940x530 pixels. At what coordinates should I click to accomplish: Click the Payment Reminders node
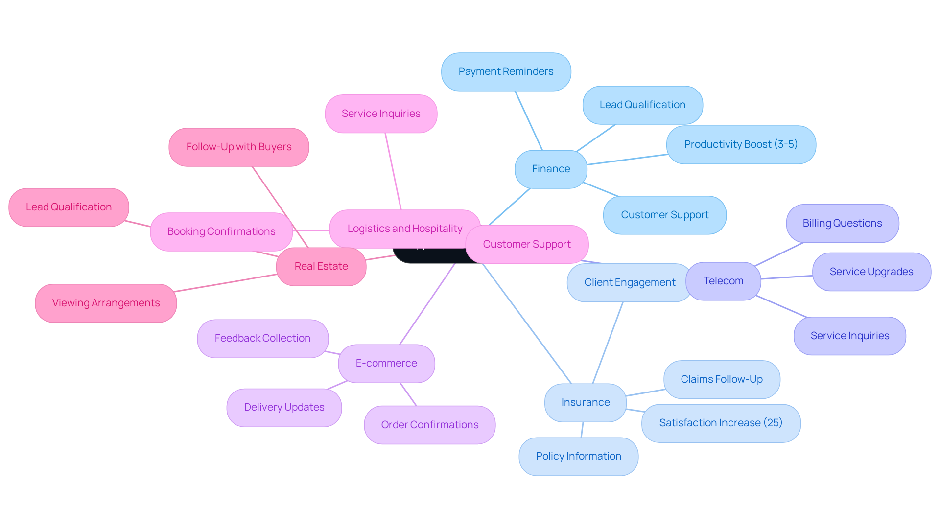(506, 72)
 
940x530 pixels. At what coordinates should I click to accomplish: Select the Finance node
(551, 169)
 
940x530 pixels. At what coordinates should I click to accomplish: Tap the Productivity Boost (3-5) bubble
(741, 145)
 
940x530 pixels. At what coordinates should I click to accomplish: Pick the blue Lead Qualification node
(642, 105)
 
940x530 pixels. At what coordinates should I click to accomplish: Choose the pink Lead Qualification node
(69, 207)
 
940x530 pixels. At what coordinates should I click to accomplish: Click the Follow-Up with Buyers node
(238, 147)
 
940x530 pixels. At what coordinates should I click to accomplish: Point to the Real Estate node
(321, 267)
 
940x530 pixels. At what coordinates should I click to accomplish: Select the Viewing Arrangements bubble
(106, 303)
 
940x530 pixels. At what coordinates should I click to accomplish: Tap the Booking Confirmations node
(221, 232)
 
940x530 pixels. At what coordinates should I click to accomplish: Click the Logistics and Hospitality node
(404, 229)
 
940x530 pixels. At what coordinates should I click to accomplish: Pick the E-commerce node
(386, 364)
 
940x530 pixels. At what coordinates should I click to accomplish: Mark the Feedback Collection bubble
(262, 339)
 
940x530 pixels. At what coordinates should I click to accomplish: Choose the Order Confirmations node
(429, 425)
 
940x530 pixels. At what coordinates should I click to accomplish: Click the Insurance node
(585, 403)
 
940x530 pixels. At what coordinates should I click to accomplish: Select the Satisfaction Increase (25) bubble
(721, 423)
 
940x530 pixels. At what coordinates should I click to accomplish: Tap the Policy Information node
(578, 457)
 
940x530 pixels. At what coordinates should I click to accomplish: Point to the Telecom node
(723, 281)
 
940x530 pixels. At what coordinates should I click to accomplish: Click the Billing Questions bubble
(842, 224)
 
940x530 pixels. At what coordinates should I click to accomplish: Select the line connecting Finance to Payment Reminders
(529, 120)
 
